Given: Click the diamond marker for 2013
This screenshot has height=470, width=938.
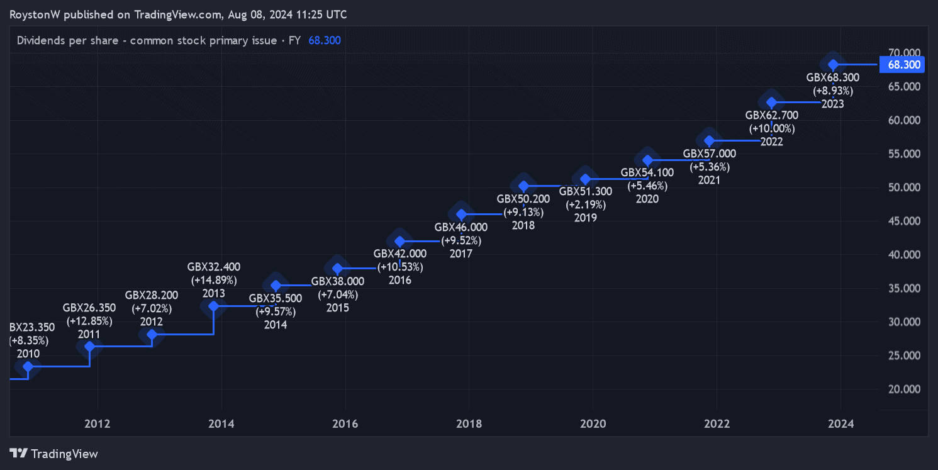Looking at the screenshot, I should (214, 306).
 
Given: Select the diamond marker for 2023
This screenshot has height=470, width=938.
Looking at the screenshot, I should (833, 64).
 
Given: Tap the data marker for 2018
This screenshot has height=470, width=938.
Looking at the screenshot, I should (523, 186).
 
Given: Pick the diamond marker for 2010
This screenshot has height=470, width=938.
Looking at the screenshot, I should (28, 366).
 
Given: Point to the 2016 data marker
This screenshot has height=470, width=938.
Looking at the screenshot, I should (399, 241).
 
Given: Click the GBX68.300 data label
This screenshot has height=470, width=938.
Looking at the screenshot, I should (832, 77).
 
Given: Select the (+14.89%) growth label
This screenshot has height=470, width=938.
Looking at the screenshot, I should (214, 280).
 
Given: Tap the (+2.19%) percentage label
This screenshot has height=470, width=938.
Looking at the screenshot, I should (586, 204).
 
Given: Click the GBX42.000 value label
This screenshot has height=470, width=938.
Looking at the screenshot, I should (399, 254).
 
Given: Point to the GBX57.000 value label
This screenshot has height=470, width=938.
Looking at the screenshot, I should (709, 154).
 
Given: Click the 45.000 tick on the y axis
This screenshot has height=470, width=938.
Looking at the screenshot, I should (900, 221).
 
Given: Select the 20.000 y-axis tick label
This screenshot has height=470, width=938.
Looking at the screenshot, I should (900, 389).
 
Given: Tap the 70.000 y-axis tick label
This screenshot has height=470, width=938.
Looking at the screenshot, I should (900, 52).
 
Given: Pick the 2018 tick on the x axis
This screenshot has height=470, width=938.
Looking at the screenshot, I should (469, 424).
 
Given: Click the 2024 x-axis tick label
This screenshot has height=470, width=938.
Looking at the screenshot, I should (841, 424).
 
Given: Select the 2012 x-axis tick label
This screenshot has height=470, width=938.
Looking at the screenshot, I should (98, 424).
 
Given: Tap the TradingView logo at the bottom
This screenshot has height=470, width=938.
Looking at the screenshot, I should (54, 454).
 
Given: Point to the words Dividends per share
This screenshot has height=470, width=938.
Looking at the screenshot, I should (67, 40).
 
